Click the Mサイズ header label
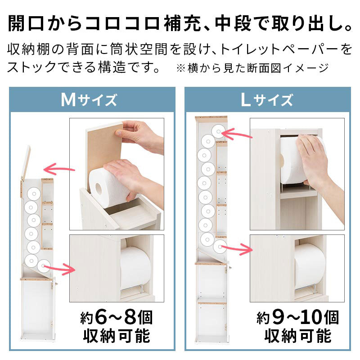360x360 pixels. [x=89, y=100]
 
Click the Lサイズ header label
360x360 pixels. [x=267, y=100]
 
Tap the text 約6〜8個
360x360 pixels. [x=117, y=318]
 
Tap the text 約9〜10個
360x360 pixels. [x=298, y=318]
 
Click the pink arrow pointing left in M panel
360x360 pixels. [x=59, y=169]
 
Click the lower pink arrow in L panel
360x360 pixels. [x=237, y=249]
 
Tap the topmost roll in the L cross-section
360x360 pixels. [x=218, y=131]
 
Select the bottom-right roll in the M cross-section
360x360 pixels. [x=43, y=266]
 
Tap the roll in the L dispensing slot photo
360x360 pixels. [x=310, y=266]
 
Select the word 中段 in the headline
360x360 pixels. [x=233, y=23]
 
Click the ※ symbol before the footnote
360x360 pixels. [x=181, y=68]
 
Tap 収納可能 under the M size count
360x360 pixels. [x=117, y=336]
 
